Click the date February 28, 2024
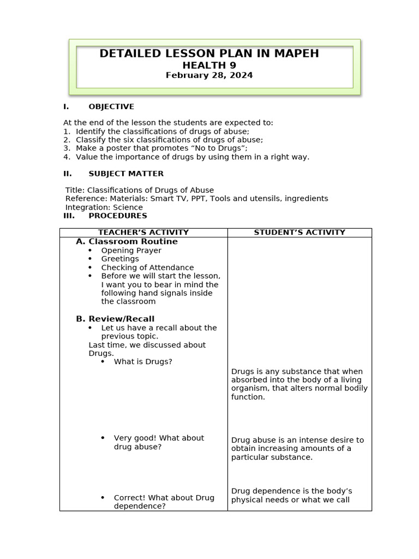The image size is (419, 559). (209, 75)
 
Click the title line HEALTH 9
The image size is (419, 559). (209, 65)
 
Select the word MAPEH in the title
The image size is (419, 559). (295, 53)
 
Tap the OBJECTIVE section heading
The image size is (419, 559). (111, 106)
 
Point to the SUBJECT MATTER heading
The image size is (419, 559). (125, 174)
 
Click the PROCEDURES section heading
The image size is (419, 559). (117, 216)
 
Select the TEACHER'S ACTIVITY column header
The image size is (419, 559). (143, 233)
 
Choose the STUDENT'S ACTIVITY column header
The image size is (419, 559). (300, 233)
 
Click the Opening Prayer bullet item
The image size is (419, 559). (131, 251)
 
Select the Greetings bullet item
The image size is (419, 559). (120, 259)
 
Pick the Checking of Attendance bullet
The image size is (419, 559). (147, 267)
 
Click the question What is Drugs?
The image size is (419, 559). (143, 361)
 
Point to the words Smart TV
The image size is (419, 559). (168, 199)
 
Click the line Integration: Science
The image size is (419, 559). (104, 207)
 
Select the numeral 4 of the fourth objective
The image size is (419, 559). (65, 157)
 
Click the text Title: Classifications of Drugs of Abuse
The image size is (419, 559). (139, 190)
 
